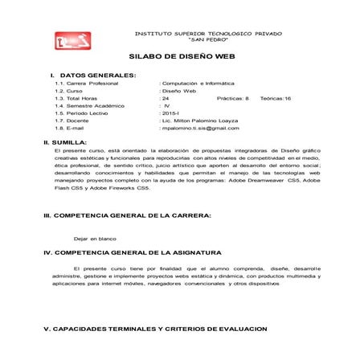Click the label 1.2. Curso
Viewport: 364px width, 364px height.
(70, 91)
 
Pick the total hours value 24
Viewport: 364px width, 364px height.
(166, 98)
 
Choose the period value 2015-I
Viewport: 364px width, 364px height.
(171, 113)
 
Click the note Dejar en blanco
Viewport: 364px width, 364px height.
(96, 239)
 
